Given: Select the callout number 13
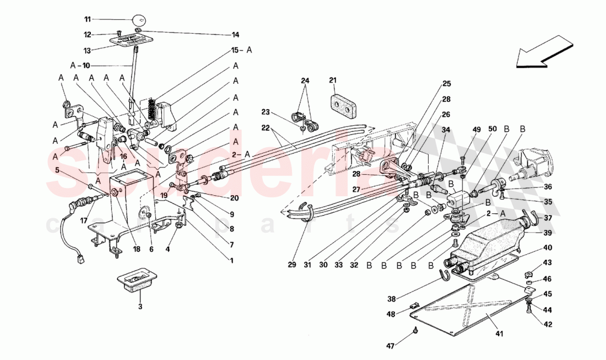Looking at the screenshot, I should coord(87,49).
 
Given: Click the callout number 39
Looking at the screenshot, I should coord(548,232).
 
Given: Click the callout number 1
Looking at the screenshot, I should coord(232,260).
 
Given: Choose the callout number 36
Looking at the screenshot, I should coord(548,186).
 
